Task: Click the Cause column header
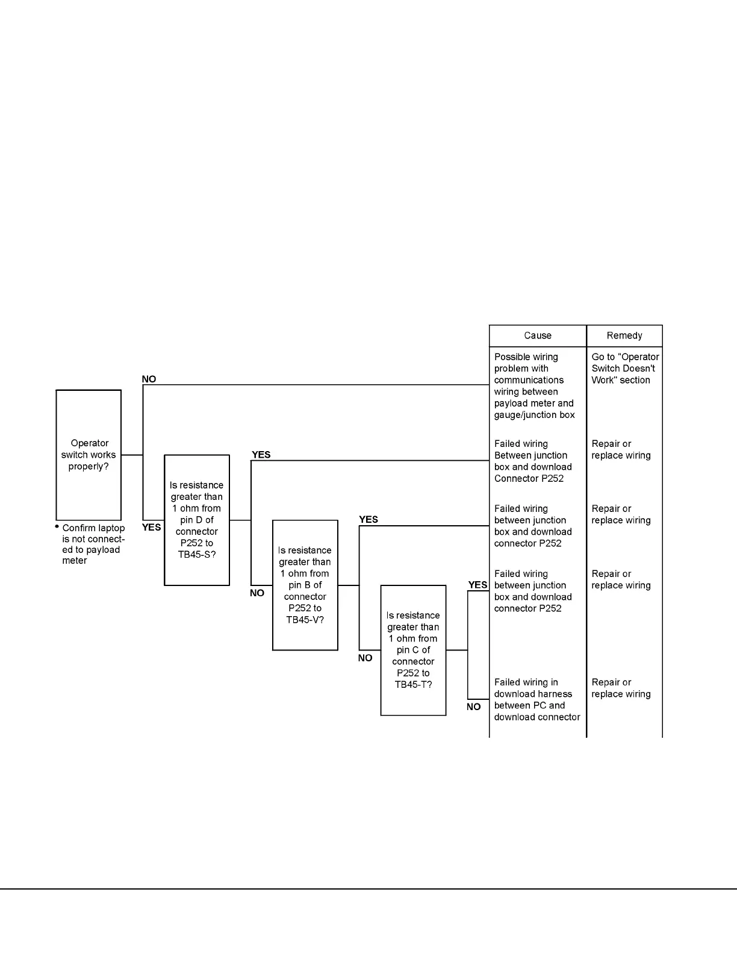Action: click(x=537, y=335)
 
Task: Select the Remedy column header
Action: click(x=624, y=335)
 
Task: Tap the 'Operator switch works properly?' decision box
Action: click(x=89, y=455)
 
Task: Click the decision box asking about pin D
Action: click(x=197, y=520)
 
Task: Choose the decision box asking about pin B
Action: click(x=305, y=585)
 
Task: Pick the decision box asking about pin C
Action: click(x=413, y=650)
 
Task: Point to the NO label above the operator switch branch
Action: click(x=149, y=379)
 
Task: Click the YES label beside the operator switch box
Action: click(x=151, y=528)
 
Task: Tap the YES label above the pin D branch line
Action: click(x=261, y=455)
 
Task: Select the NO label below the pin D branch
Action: click(x=257, y=593)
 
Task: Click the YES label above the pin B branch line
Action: click(x=368, y=519)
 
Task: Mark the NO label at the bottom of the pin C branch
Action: click(x=474, y=707)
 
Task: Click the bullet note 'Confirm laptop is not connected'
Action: click(x=93, y=544)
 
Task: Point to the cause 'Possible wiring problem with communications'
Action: click(x=534, y=385)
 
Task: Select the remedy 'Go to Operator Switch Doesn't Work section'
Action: click(x=624, y=368)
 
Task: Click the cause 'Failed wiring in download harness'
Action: click(x=536, y=699)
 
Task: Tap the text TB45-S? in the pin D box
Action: click(x=197, y=554)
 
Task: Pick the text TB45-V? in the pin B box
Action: click(x=305, y=620)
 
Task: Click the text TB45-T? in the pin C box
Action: click(x=413, y=685)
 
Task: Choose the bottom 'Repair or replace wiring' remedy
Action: click(x=621, y=688)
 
